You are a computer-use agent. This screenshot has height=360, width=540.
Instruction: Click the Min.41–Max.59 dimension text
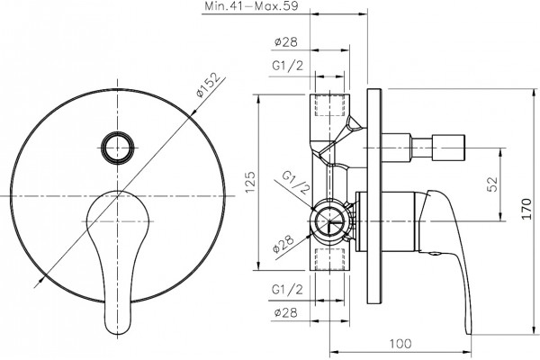[x=252, y=6]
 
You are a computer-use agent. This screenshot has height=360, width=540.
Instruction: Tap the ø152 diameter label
[x=208, y=85]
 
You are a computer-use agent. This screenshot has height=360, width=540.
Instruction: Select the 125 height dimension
[x=250, y=182]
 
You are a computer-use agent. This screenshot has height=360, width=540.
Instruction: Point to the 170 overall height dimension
[x=526, y=209]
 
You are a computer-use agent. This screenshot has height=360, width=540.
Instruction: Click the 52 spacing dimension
[x=492, y=184]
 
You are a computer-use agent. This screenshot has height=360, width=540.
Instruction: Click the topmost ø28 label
[x=286, y=42]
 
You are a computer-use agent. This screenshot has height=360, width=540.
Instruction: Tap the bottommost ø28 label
[x=286, y=313]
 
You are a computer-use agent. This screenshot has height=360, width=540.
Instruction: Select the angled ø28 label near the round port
[x=283, y=244]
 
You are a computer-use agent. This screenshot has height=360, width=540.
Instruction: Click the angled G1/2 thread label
[x=296, y=182]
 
